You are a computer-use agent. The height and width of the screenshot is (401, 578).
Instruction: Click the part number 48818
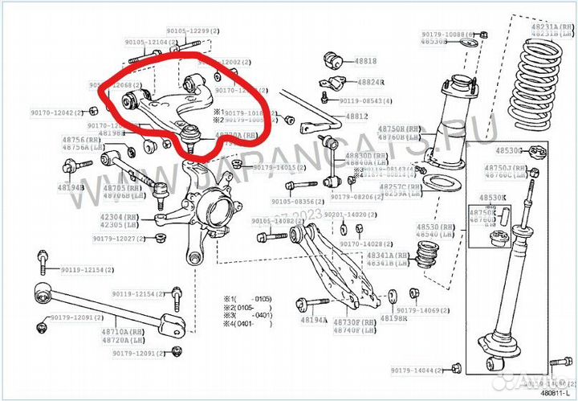click(365, 61)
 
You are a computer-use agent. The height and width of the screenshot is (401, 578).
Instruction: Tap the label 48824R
click(371, 82)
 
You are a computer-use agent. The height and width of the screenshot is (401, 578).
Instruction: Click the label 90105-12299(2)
click(188, 30)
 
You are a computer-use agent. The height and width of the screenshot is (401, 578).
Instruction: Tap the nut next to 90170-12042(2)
click(94, 113)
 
